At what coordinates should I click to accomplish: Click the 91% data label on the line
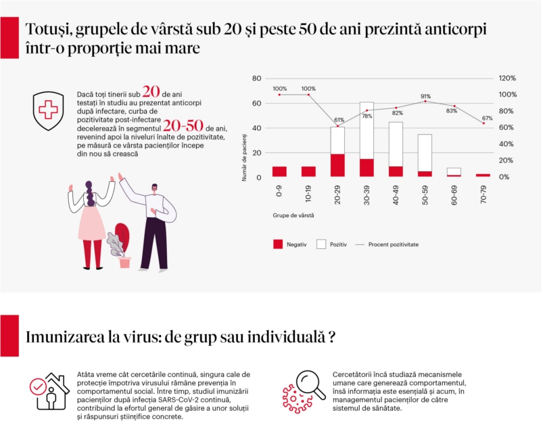(425, 96)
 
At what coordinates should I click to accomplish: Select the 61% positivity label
(338, 120)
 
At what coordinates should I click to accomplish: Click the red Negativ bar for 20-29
(337, 165)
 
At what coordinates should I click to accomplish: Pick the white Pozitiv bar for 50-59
(425, 152)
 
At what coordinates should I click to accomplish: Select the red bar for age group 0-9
(279, 172)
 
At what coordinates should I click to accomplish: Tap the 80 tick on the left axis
(256, 79)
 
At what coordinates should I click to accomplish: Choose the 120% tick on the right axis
(508, 79)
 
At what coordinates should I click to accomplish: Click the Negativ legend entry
(289, 244)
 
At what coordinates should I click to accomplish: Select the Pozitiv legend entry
(331, 244)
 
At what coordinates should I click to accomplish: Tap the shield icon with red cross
(48, 109)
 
